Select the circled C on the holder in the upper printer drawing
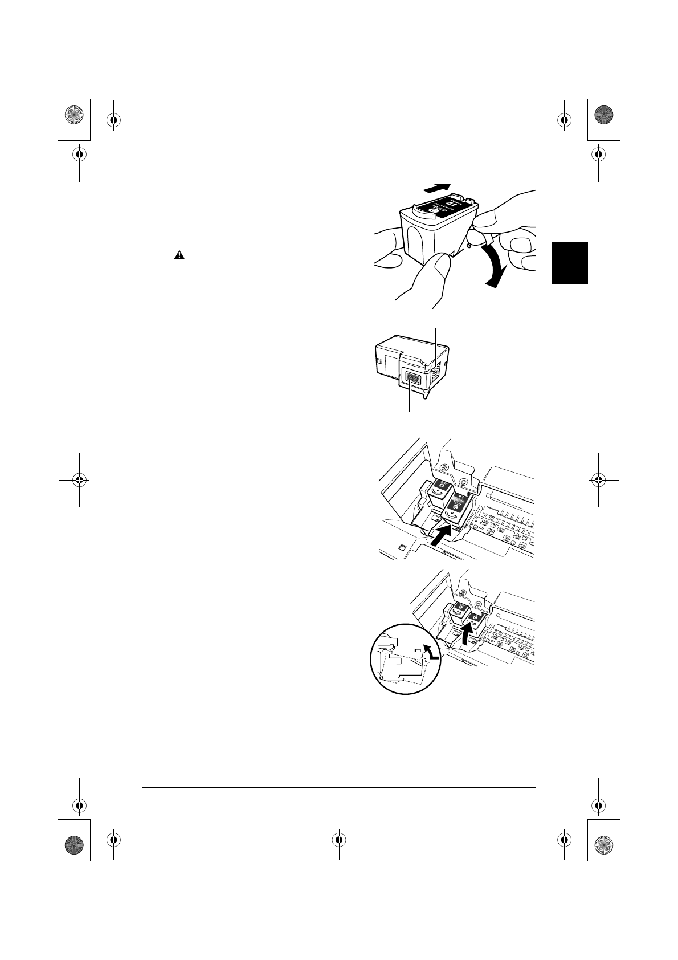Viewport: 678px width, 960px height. point(463,482)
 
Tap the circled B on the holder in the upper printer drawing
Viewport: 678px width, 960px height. point(443,470)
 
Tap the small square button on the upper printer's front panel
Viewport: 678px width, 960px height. point(403,548)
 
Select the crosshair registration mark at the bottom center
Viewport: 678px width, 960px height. point(339,839)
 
